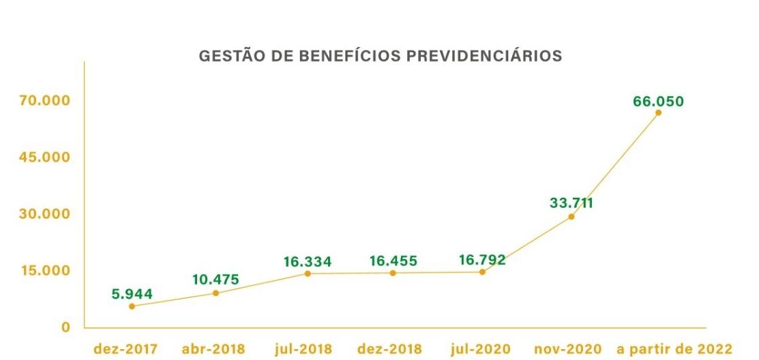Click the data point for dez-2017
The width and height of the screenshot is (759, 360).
point(132,306)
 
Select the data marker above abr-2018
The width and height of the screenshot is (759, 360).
point(215,293)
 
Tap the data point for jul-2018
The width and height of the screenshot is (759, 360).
point(308,273)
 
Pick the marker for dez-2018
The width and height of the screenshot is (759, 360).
point(393,273)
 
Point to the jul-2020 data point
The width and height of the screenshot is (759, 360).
point(482,272)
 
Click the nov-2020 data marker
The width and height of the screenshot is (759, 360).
point(571,217)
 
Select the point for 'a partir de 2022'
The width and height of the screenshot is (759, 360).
point(658,112)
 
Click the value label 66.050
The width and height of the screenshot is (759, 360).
point(658,102)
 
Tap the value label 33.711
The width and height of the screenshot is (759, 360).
point(571,202)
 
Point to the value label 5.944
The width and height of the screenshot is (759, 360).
point(132,295)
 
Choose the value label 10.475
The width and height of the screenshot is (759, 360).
point(215,280)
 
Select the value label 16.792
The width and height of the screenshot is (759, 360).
point(482,260)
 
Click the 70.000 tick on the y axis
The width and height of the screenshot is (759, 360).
point(44,101)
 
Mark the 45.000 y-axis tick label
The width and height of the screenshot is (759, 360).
point(44,157)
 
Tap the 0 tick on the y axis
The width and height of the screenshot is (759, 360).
point(66,327)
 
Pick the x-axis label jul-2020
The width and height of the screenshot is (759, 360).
point(481,349)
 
